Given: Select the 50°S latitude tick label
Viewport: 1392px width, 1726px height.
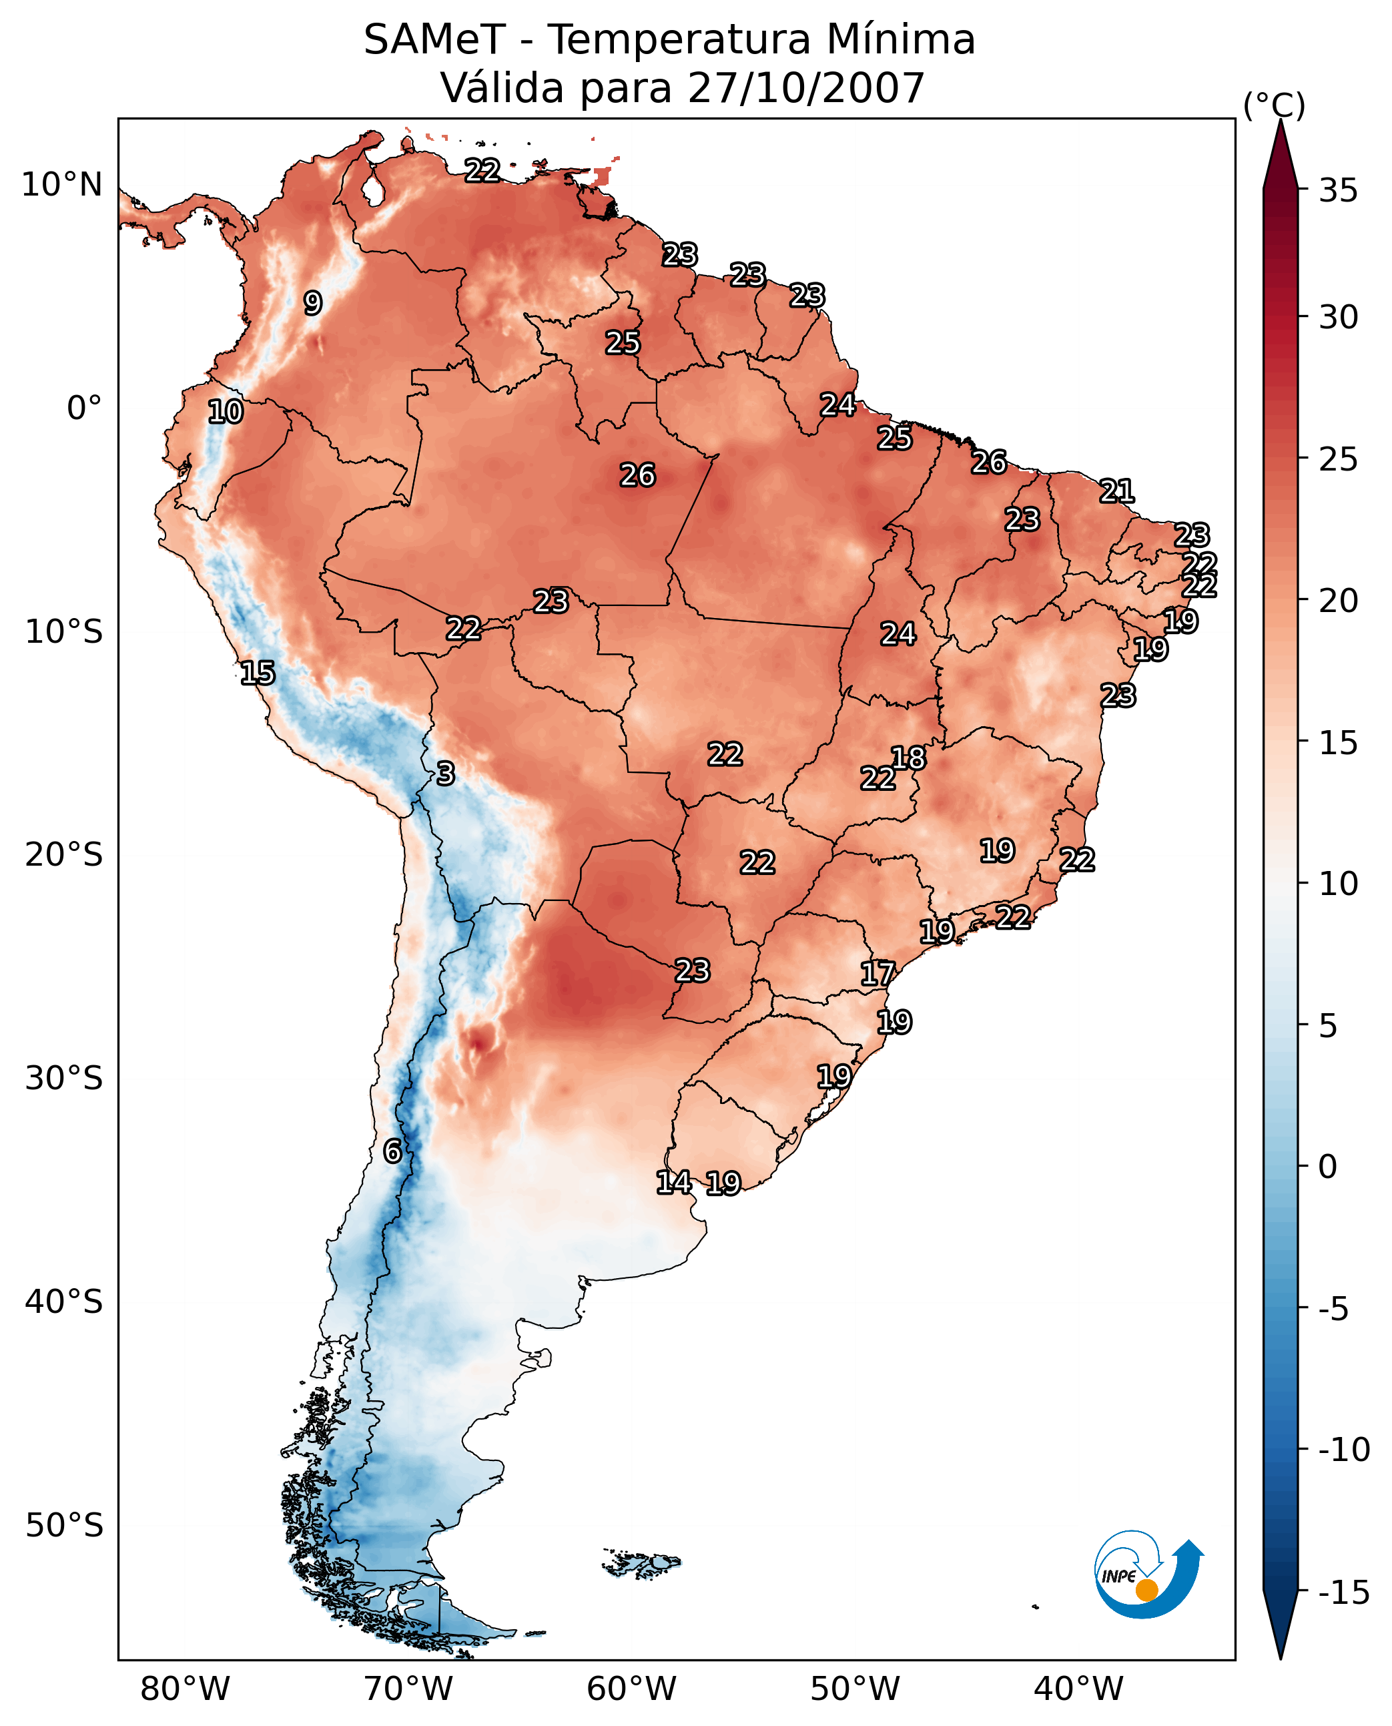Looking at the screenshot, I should coord(64,1524).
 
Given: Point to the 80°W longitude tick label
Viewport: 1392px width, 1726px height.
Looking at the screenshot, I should coord(186,1689).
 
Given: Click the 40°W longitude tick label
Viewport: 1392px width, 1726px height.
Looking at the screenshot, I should coord(1078,1689).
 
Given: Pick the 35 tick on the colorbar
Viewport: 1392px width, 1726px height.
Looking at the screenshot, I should coord(1338,191).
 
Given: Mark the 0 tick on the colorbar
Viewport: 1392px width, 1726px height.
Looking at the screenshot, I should coord(1328,1166).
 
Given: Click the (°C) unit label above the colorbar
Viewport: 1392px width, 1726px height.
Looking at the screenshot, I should coord(1274,105).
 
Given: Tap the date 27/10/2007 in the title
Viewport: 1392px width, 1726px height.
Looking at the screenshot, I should coord(806,87).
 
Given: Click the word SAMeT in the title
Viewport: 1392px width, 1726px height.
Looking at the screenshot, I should coord(434,39).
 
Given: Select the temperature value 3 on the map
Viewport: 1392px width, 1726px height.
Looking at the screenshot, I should coord(446,773).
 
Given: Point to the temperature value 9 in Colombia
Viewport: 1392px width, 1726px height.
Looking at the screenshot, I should coord(313,303).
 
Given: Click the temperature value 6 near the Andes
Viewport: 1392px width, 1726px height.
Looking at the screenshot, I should coord(392,1151).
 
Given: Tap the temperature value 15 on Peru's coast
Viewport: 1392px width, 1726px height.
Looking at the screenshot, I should coord(258,673).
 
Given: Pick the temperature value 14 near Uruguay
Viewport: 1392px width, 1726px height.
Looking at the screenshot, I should coord(673,1181).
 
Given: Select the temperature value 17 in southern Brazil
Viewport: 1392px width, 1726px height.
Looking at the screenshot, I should coord(878,974).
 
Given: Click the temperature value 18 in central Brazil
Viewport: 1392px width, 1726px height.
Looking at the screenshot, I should coord(908,757).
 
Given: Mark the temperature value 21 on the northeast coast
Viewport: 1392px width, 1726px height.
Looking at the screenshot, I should coord(1117,491).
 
